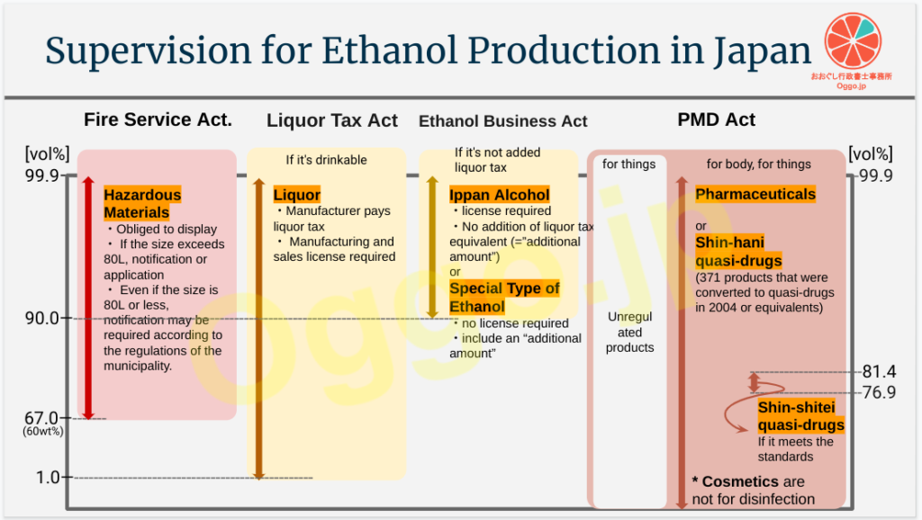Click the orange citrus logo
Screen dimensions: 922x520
click(x=853, y=41)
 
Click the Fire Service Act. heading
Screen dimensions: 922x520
click(x=158, y=120)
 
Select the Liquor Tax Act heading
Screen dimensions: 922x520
click(x=332, y=121)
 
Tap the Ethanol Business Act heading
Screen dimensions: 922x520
click(x=502, y=121)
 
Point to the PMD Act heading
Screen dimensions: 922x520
click(x=716, y=120)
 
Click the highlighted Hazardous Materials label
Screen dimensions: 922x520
click(x=142, y=203)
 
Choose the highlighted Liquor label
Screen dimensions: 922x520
click(x=297, y=194)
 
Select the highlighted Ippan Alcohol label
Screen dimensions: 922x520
click(x=499, y=194)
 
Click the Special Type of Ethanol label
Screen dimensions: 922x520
click(x=504, y=297)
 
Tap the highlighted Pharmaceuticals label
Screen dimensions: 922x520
click(x=755, y=194)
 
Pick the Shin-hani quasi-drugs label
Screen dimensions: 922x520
click(x=738, y=252)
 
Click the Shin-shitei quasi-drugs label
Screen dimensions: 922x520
click(x=800, y=416)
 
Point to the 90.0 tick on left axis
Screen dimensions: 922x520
click(x=41, y=318)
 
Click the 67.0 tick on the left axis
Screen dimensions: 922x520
click(x=41, y=417)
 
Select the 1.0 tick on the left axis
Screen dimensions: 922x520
click(x=48, y=477)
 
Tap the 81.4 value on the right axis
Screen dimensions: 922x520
click(x=879, y=372)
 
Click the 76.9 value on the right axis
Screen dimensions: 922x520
click(x=879, y=392)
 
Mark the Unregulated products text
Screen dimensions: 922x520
click(x=629, y=332)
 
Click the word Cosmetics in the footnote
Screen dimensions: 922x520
click(x=741, y=482)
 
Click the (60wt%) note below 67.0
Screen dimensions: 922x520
click(x=43, y=431)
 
